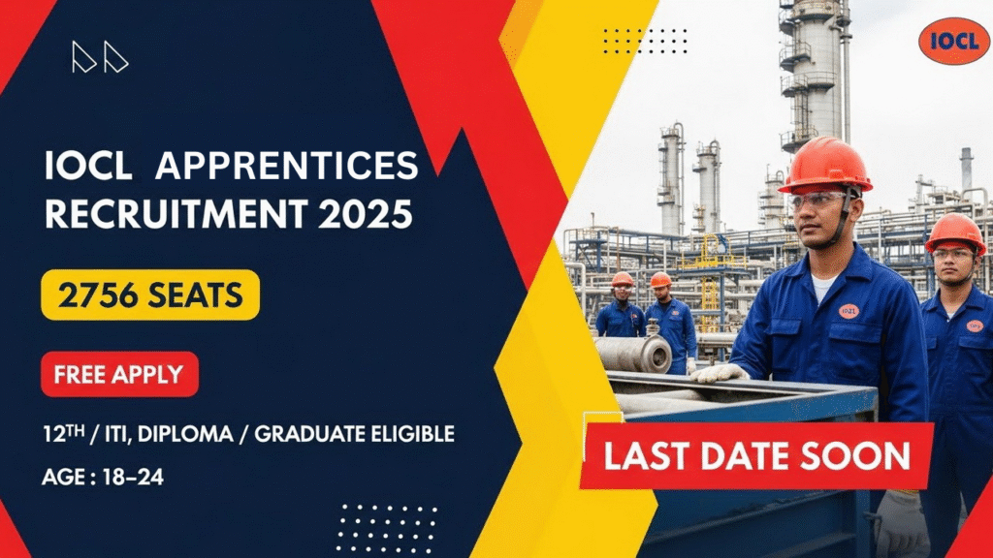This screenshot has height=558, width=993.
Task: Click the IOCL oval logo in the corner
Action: [x=953, y=41]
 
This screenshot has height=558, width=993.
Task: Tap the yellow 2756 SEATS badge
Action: [x=150, y=295]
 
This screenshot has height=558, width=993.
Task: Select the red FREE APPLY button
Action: [x=119, y=374]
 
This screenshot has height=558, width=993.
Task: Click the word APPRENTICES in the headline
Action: [x=287, y=167]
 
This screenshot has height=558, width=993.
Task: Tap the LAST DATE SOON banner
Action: [x=757, y=455]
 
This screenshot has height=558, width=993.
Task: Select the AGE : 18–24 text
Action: [x=103, y=478]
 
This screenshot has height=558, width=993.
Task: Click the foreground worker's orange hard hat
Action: [x=825, y=162]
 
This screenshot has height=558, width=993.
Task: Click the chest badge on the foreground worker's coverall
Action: [x=849, y=311]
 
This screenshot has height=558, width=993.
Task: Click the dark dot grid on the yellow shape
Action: [x=645, y=40]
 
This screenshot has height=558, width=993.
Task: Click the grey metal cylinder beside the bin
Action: [x=632, y=355]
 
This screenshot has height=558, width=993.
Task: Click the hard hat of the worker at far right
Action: [x=955, y=232]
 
